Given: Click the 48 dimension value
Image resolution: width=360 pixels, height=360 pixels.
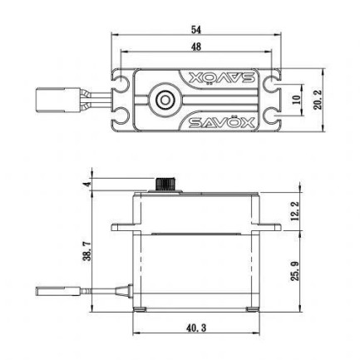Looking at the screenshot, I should click(196, 48).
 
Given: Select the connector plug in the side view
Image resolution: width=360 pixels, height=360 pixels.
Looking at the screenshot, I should click(53, 292).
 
